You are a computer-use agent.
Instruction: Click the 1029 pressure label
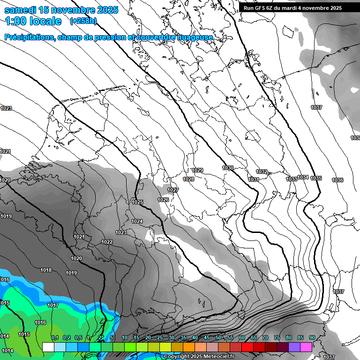pos(198,170)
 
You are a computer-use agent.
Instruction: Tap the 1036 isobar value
pos(337,180)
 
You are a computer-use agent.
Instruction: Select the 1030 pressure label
pos(228,168)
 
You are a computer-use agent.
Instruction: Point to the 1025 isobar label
pos(137,202)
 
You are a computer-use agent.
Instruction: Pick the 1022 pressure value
pos(107,242)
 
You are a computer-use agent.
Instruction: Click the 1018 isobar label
pos(46,270)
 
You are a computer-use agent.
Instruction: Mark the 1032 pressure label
pos(262,172)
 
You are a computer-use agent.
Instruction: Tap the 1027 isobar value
pos(173,190)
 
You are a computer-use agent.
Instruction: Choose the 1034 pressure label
pos(303,177)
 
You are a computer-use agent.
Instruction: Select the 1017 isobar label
pos(53,305)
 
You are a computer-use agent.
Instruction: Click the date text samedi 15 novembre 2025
pos(61,9)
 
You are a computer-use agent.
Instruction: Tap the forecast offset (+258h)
pos(83,21)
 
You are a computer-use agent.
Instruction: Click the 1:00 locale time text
pos(33,21)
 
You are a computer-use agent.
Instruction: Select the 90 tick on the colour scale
pos(312,338)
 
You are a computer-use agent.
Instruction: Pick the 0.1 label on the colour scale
pos(54,338)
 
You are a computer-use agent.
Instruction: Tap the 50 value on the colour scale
pos(218,338)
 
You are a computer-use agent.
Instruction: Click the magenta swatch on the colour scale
pos(306,347)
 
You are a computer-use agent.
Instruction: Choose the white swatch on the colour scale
pos(48,347)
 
